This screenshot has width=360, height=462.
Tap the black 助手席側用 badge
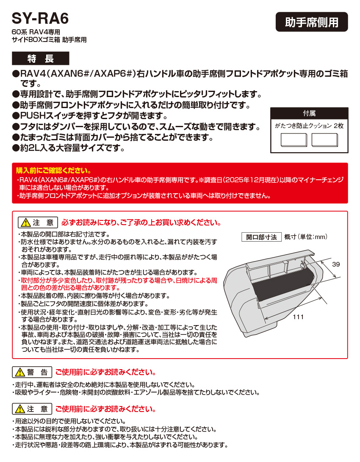[x=312, y=22]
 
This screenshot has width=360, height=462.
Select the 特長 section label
[x=40, y=58]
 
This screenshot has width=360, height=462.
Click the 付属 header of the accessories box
[x=309, y=114]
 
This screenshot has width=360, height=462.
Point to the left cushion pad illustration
[x=294, y=140]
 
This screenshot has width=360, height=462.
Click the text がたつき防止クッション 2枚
[x=309, y=126]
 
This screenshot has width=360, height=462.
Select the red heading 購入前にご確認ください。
[x=53, y=171]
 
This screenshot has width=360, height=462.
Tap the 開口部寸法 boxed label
[x=261, y=237]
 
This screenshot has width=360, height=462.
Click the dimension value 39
[x=336, y=264]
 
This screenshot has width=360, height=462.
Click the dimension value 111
[x=298, y=317]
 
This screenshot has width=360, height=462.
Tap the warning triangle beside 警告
[x=20, y=373]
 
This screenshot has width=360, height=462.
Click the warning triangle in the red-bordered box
[x=25, y=223]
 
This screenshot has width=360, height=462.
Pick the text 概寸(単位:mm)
[x=306, y=237]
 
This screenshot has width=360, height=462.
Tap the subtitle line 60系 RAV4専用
[x=36, y=32]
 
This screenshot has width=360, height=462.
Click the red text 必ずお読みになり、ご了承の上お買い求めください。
[x=141, y=223]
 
